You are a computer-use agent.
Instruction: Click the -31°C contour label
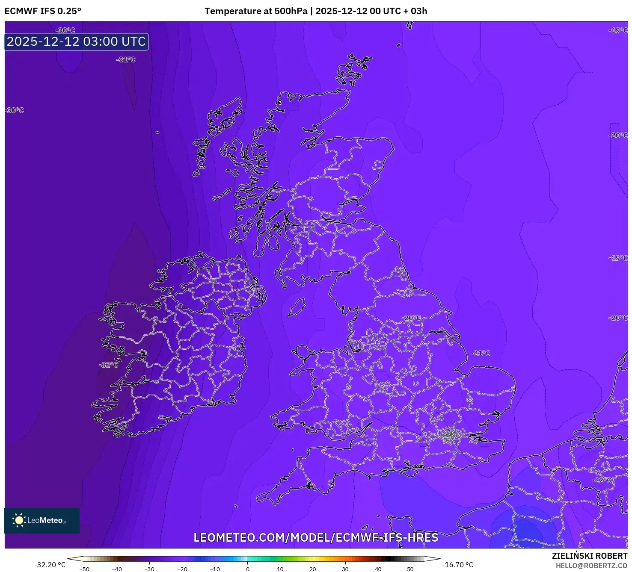click(x=126, y=60)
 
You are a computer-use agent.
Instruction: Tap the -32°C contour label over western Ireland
click(x=109, y=365)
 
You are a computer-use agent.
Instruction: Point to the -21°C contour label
click(x=481, y=353)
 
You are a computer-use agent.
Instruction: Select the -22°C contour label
click(x=602, y=480)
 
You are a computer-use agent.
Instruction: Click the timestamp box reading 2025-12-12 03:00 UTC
click(x=77, y=41)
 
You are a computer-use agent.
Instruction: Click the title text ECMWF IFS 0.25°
click(x=43, y=11)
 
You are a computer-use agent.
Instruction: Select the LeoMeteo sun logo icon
click(x=19, y=520)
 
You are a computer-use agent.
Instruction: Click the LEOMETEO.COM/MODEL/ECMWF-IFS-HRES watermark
click(x=316, y=537)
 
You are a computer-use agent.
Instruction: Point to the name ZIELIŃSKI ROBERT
click(x=589, y=556)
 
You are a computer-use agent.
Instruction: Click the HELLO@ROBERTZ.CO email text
click(x=591, y=566)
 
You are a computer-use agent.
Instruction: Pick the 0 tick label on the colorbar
click(x=247, y=569)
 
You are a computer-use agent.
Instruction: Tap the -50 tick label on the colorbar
click(x=84, y=569)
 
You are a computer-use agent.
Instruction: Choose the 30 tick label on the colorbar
click(x=345, y=569)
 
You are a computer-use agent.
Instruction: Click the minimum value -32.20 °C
click(x=50, y=565)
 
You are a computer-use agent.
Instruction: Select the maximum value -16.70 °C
click(x=457, y=565)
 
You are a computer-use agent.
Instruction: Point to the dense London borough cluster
click(x=450, y=436)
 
